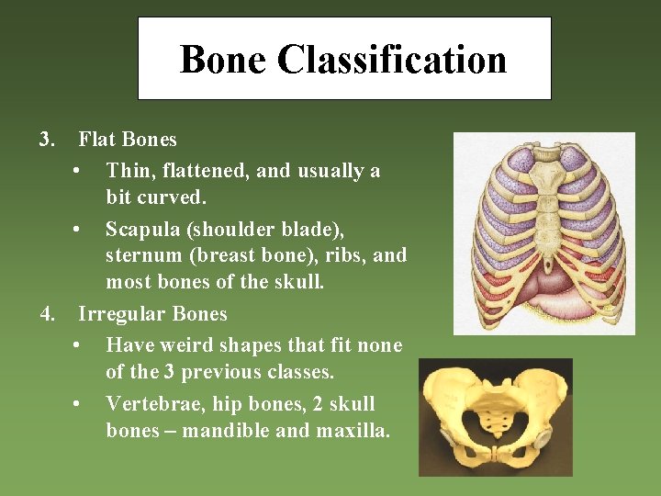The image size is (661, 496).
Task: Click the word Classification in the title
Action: (x=392, y=60)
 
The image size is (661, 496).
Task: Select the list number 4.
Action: (x=48, y=314)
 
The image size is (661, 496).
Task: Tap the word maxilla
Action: (x=353, y=430)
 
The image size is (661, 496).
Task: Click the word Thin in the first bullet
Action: (x=126, y=171)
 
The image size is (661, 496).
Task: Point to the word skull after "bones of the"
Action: (x=296, y=281)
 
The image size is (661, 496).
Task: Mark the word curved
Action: (x=184, y=197)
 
